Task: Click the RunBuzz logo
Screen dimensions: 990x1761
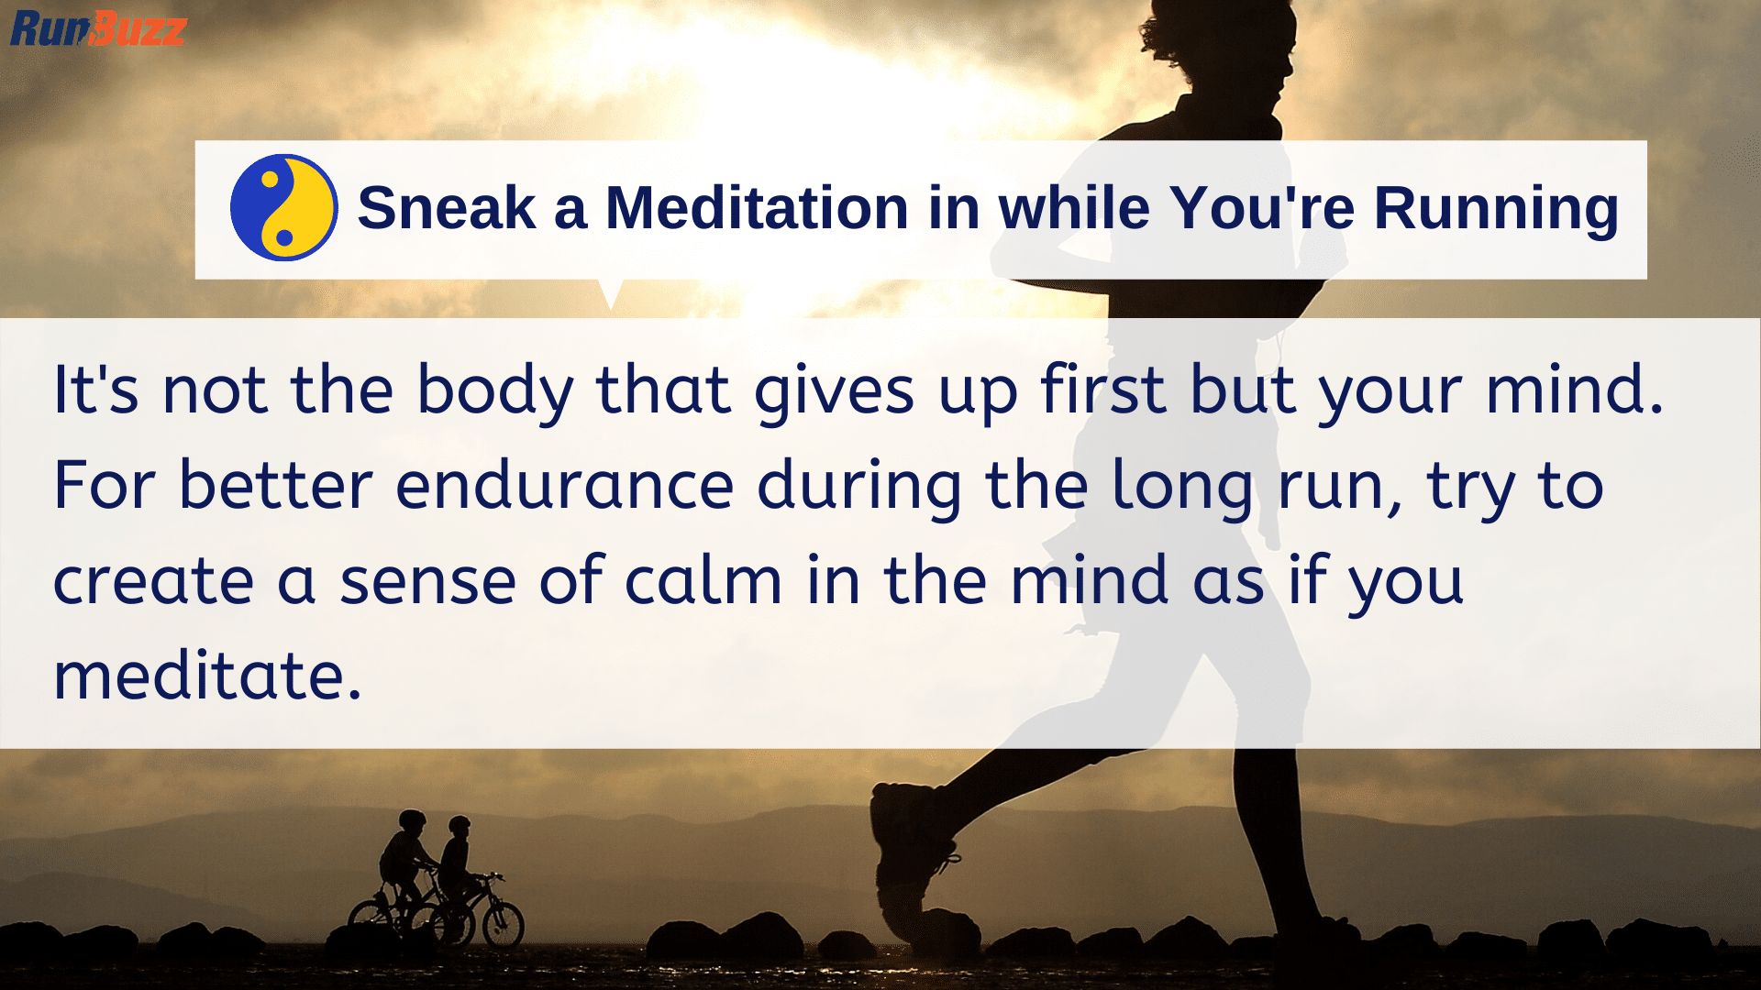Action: [97, 28]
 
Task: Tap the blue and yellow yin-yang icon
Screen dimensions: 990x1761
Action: [283, 208]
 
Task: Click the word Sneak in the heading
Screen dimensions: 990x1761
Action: [446, 208]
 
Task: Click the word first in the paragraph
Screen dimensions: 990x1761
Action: [1104, 390]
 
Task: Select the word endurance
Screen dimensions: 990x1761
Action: [565, 486]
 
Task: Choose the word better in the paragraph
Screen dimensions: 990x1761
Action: [275, 486]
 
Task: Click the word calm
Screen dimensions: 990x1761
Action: [703, 581]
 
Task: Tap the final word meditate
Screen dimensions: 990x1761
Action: [207, 676]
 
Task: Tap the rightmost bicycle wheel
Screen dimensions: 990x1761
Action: [503, 924]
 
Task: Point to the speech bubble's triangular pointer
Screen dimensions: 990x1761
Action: [610, 292]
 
